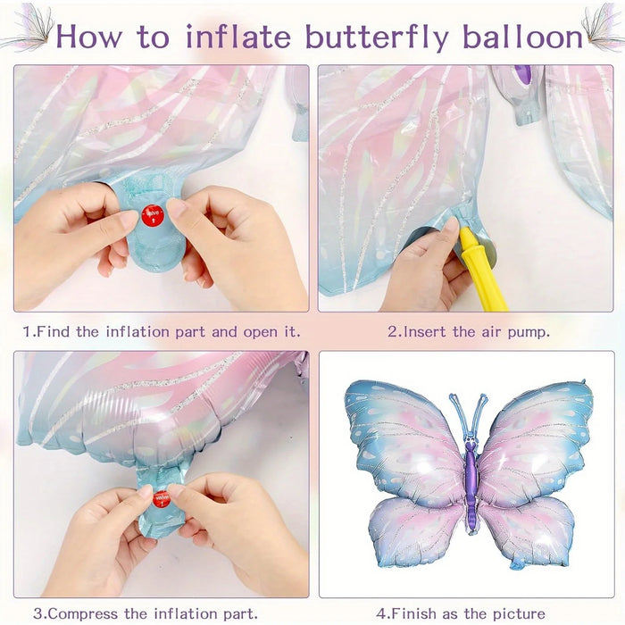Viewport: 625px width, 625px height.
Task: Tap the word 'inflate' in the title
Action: [x=242, y=37]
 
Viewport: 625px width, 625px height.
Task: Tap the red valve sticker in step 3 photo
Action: [x=161, y=498]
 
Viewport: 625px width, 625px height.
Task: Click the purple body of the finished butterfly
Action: [x=470, y=482]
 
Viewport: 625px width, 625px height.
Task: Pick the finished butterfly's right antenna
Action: [x=481, y=414]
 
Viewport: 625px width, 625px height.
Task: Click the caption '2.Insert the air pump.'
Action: [x=469, y=331]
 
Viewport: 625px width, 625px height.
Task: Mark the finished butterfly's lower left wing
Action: [x=415, y=531]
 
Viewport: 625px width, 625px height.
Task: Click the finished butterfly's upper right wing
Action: [x=536, y=433]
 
